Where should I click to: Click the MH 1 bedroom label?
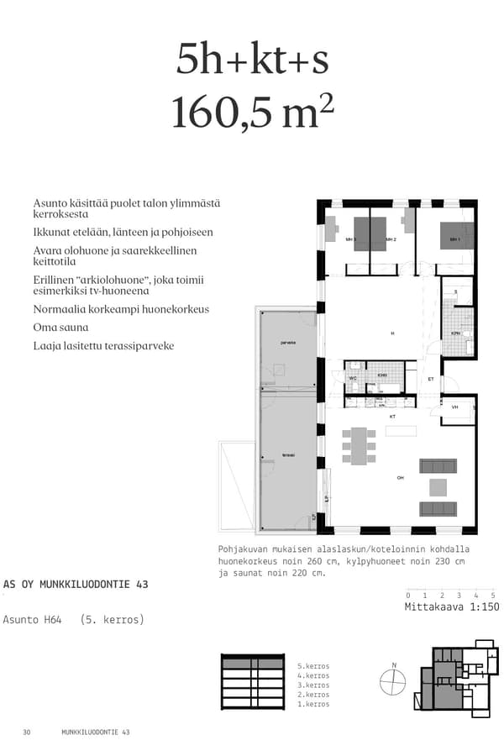pyautogui.click(x=454, y=240)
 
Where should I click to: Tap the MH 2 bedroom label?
pyautogui.click(x=391, y=240)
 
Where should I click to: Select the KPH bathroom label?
pyautogui.click(x=455, y=333)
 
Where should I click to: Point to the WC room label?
pyautogui.click(x=353, y=379)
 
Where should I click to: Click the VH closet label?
pyautogui.click(x=455, y=407)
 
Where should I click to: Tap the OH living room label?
pyautogui.click(x=401, y=478)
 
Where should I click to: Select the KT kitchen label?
pyautogui.click(x=391, y=417)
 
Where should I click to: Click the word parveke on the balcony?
pyautogui.click(x=288, y=344)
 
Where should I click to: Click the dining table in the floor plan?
pyautogui.click(x=360, y=446)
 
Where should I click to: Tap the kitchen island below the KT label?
pyautogui.click(x=401, y=430)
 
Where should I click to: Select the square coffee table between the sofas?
pyautogui.click(x=438, y=487)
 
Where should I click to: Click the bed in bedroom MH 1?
pyautogui.click(x=458, y=234)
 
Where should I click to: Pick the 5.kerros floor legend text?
pyautogui.click(x=312, y=666)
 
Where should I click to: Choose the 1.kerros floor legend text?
pyautogui.click(x=312, y=704)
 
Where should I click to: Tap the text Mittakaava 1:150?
pyautogui.click(x=452, y=606)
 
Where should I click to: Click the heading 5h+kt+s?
pyautogui.click(x=252, y=60)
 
